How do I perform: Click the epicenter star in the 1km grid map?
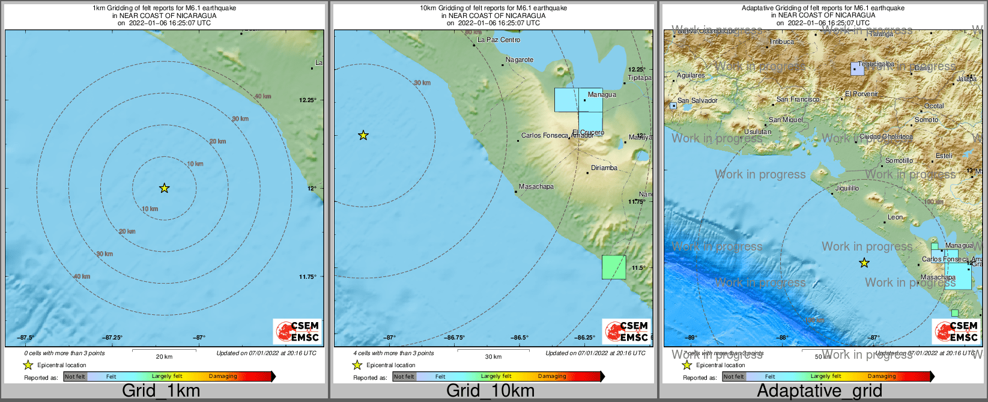tap(165, 189)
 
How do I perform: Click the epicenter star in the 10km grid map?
tap(363, 135)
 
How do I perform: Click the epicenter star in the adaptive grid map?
tap(864, 263)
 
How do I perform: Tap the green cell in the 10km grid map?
tap(614, 267)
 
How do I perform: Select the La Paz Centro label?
tap(499, 40)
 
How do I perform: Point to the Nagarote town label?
tap(520, 59)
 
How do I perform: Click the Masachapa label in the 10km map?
tap(536, 186)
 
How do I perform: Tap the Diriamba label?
tap(604, 168)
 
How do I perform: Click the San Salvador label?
tap(697, 100)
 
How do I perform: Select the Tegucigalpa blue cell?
tap(857, 69)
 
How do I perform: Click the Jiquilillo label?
tap(847, 188)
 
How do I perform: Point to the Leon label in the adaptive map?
tap(895, 217)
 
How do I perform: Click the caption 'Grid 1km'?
tap(161, 391)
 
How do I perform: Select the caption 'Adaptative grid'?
tap(819, 391)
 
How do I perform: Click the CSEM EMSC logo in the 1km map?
tap(297, 331)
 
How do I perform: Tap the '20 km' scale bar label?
tap(164, 356)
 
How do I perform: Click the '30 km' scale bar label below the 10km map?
tap(493, 356)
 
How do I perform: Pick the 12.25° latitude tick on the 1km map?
tap(308, 100)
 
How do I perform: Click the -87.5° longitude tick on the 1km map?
tap(25, 338)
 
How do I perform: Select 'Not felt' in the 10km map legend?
tap(404, 377)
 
